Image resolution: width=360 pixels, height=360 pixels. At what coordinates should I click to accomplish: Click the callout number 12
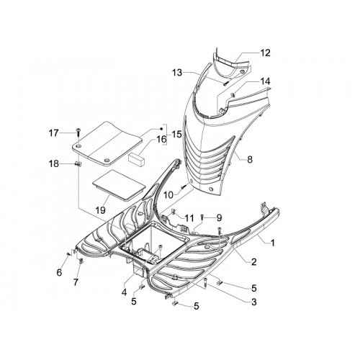point(265,53)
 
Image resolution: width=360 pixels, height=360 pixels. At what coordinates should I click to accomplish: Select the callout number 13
point(177,73)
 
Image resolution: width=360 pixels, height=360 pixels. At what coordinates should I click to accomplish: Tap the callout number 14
point(265,81)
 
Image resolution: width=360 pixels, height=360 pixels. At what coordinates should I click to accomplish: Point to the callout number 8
point(250,159)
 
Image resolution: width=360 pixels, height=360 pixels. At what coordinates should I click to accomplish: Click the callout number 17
point(54,132)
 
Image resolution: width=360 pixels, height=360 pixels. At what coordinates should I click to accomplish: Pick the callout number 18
point(54,164)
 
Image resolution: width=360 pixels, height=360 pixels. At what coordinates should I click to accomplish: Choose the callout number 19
point(100,210)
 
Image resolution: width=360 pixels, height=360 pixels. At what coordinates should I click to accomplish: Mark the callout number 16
point(161,139)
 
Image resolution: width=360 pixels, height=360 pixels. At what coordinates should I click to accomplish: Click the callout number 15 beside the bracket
point(177,134)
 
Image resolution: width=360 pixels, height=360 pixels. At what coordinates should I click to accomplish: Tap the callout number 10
point(168,195)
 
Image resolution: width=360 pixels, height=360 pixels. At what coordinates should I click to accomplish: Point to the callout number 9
point(219,217)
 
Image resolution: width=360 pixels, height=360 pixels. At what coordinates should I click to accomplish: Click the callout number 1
point(273,243)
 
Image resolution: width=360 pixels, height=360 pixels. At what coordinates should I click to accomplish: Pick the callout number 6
point(59,272)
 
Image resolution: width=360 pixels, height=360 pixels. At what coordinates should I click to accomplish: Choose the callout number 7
point(76,282)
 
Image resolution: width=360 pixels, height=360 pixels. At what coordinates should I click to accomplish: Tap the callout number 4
point(124,292)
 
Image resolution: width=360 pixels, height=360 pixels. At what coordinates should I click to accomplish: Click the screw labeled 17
point(78,132)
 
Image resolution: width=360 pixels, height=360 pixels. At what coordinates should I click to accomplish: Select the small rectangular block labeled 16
point(137,159)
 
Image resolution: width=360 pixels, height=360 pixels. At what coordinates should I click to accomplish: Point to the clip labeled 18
point(78,163)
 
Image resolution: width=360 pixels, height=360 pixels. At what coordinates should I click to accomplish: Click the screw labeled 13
point(225,84)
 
